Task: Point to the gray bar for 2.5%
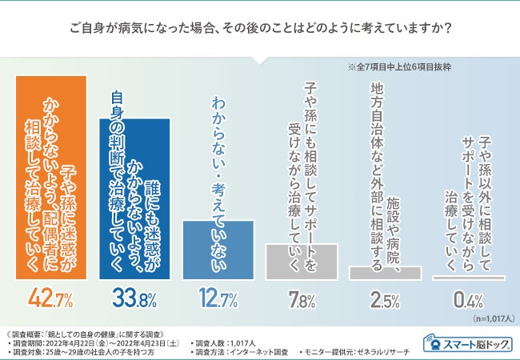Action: click(385, 273)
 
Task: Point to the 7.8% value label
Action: click(302, 301)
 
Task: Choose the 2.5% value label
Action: click(385, 301)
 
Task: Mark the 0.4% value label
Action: click(468, 301)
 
